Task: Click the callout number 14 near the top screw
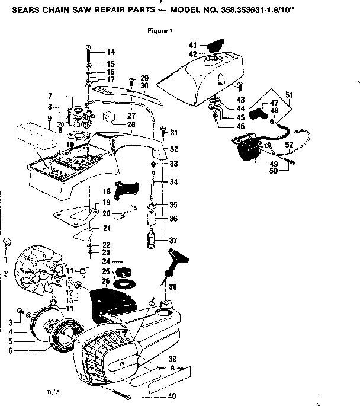[110, 52]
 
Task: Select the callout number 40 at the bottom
[171, 396]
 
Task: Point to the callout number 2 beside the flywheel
[5, 273]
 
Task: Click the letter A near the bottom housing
[171, 368]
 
